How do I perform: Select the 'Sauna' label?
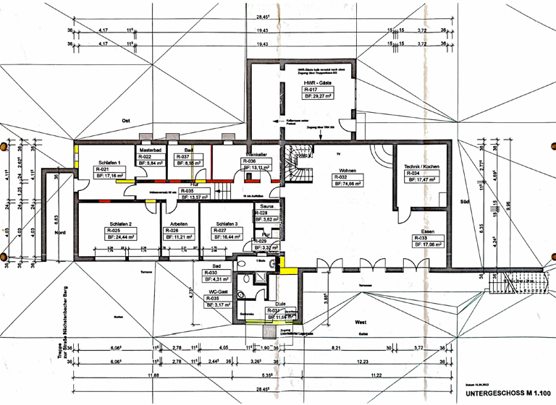(262, 206)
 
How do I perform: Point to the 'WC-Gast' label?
(216, 290)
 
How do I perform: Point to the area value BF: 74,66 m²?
(347, 184)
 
